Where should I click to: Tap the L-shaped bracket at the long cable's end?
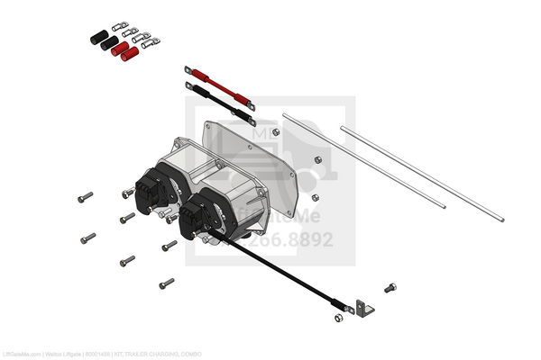pos(362,308)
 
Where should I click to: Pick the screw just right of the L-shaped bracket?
pos(390,288)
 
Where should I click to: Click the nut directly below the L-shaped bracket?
pos(337,317)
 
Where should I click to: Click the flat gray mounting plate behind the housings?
pos(261,153)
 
